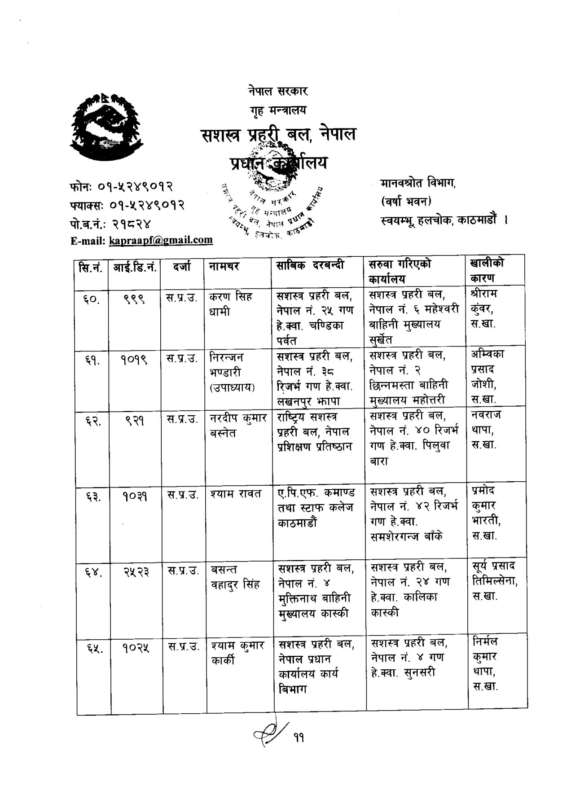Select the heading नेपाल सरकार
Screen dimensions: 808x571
277,91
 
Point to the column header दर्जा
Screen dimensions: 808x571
182,267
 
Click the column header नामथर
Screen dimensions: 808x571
224,267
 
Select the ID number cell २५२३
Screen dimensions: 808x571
136,571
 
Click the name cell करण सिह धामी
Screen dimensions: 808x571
231,304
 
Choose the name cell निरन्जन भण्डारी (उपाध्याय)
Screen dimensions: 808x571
233,372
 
